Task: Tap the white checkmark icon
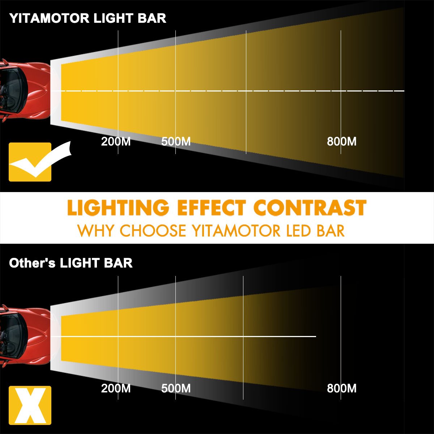(x=41, y=160)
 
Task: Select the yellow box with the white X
(x=30, y=405)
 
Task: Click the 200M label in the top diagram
(x=116, y=142)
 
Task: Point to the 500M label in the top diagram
(x=176, y=142)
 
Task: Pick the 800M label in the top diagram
(x=342, y=142)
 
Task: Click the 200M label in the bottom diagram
(x=116, y=388)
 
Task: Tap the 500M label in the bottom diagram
(x=176, y=388)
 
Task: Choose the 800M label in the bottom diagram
(x=342, y=388)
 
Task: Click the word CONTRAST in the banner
(x=310, y=208)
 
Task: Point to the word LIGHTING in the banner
(x=118, y=208)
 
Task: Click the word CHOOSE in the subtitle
(x=153, y=231)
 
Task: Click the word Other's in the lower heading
(x=32, y=263)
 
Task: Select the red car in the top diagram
(x=25, y=91)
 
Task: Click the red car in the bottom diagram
(x=25, y=336)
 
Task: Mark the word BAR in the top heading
(x=152, y=18)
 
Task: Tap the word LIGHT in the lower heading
(x=80, y=263)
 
